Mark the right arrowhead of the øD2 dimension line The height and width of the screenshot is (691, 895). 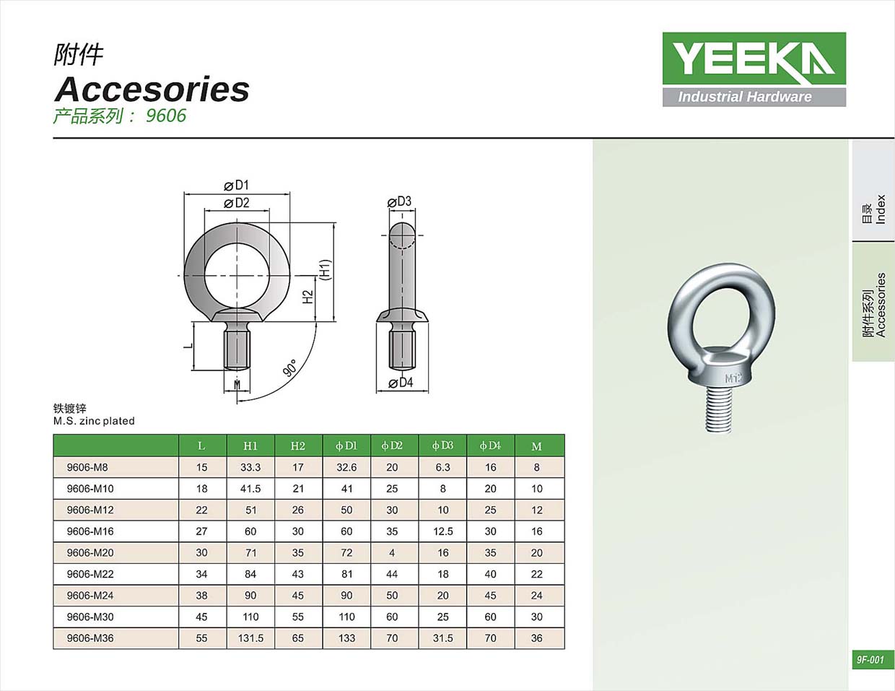click(267, 211)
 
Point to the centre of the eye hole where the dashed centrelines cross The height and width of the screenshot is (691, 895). click(237, 275)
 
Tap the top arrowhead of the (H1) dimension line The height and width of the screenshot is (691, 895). click(333, 225)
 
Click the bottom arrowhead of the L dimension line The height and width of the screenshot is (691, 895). click(193, 368)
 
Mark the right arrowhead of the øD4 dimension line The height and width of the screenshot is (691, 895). click(426, 390)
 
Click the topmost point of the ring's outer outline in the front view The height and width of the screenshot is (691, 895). click(237, 222)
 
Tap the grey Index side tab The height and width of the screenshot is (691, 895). click(873, 191)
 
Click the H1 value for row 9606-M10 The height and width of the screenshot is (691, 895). click(250, 489)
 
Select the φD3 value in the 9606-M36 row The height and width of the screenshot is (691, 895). click(442, 638)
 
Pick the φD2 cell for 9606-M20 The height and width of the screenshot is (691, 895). click(392, 552)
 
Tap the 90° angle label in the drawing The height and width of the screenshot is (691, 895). click(290, 368)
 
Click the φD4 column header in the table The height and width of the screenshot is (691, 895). click(490, 446)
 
